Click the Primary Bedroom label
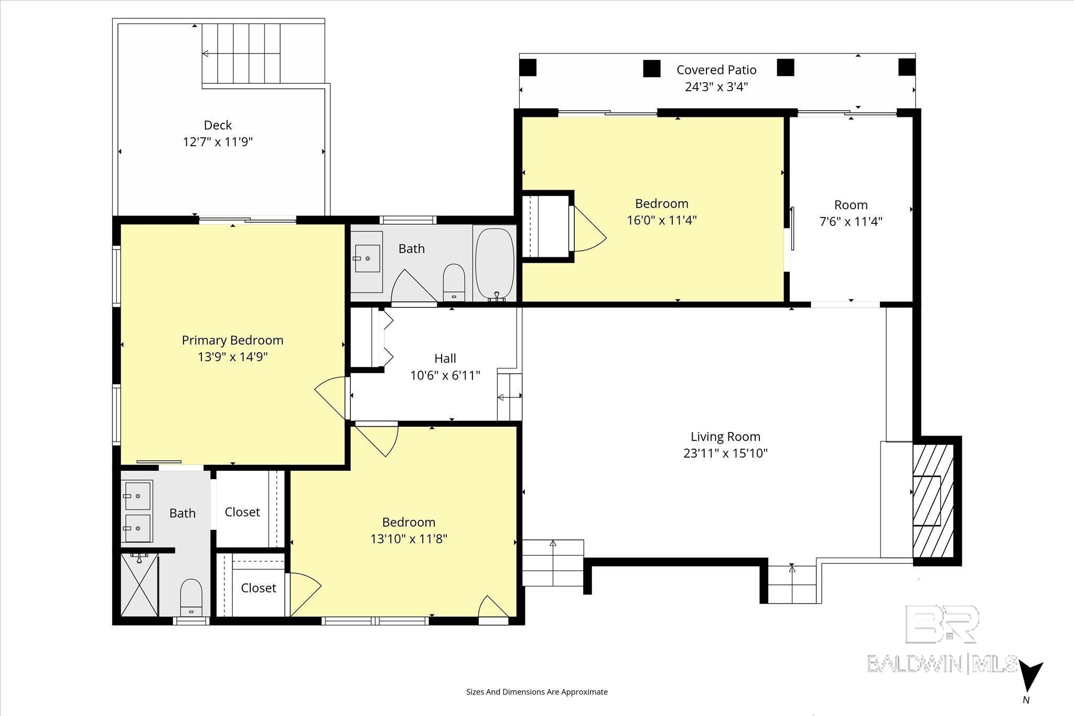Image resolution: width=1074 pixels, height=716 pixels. (x=232, y=340)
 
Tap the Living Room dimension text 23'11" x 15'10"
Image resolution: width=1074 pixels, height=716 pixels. (x=725, y=453)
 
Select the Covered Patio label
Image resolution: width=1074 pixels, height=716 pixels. (x=716, y=70)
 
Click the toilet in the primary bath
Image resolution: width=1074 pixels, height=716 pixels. (x=190, y=598)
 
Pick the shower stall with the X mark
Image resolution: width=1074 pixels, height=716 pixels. (x=139, y=584)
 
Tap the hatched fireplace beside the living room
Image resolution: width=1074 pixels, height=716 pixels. (x=933, y=501)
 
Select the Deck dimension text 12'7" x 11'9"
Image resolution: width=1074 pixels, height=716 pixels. (x=218, y=142)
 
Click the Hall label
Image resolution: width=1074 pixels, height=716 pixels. (x=445, y=359)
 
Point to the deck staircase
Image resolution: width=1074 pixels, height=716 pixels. (x=241, y=53)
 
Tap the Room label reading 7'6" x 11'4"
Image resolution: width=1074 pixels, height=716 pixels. (x=851, y=213)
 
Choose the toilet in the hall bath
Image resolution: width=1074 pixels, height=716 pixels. (x=454, y=282)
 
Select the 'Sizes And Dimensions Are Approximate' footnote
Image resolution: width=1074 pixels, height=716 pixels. (x=537, y=692)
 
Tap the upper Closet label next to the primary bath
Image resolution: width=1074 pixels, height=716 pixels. (x=242, y=512)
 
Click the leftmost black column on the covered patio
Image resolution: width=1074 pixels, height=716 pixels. (x=528, y=68)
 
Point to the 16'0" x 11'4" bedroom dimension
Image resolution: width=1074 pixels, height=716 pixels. (x=662, y=220)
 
